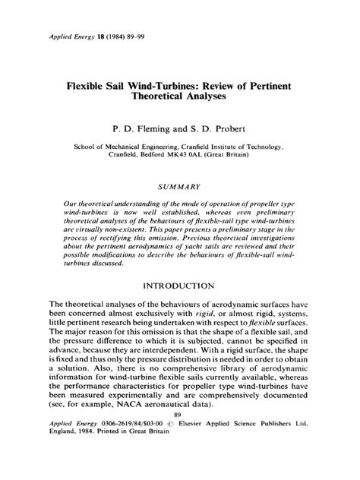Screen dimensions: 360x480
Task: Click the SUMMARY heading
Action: pos(179,185)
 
